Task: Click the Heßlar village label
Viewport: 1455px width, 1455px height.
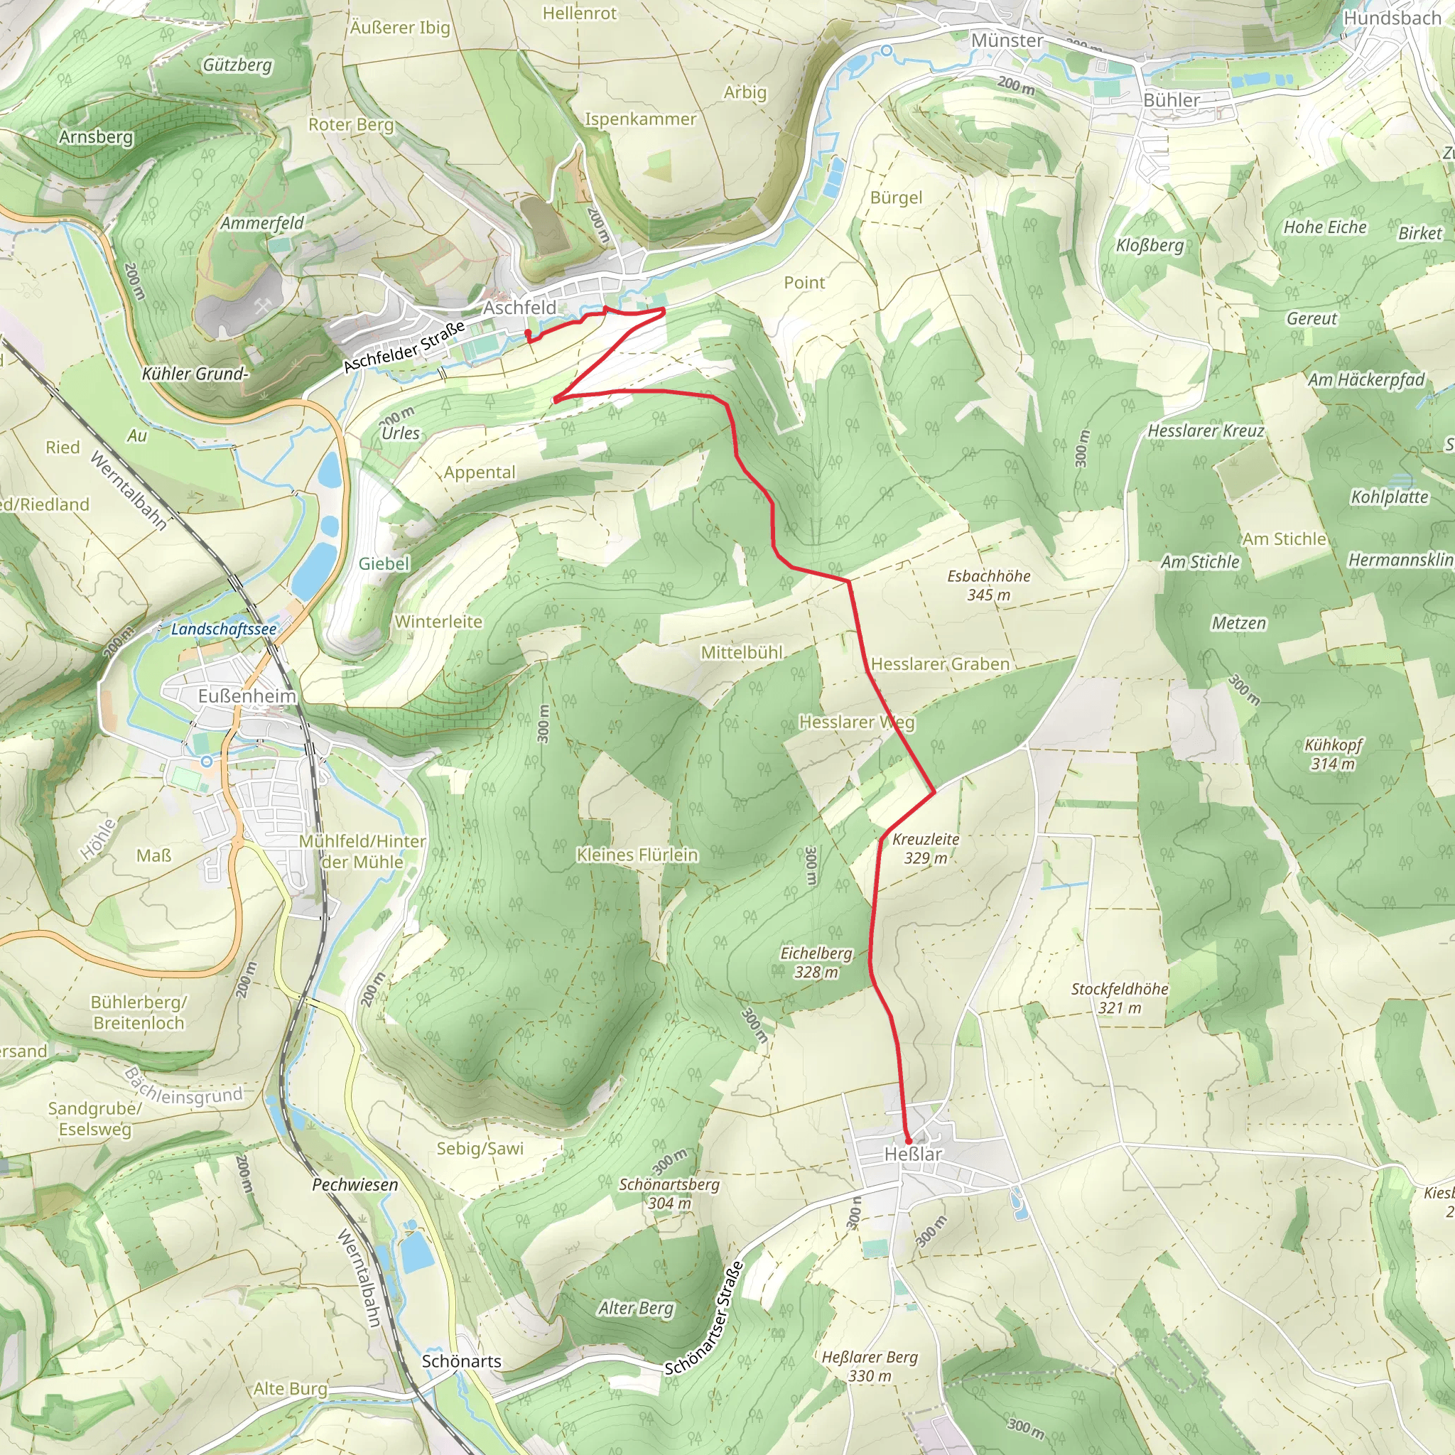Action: pos(913,1154)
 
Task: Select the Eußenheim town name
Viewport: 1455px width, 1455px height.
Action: pos(247,696)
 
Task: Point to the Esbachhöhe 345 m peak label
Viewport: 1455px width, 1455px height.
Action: pos(989,585)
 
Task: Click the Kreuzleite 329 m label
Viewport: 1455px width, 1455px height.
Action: pos(926,848)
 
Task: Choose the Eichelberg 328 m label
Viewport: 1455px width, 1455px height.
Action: pos(816,962)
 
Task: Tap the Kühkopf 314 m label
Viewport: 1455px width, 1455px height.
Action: pos(1333,754)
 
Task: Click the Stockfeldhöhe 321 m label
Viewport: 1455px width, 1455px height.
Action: pos(1119,998)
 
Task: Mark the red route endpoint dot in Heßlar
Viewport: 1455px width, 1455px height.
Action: pos(907,1141)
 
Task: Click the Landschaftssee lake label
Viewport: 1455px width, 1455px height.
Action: pos(224,629)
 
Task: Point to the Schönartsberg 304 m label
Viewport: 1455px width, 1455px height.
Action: pos(669,1193)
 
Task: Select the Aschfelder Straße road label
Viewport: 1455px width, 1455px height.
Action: pos(404,347)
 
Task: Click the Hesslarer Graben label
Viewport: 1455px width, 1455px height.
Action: pos(940,664)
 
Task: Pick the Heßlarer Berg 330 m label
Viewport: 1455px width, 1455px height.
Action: pos(869,1366)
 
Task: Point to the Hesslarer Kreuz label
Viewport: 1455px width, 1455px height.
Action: pos(1205,431)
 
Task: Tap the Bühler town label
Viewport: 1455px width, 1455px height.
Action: pos(1171,100)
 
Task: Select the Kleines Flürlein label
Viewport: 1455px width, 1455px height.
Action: pos(637,855)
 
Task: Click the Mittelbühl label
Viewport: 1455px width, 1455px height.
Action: pos(742,652)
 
